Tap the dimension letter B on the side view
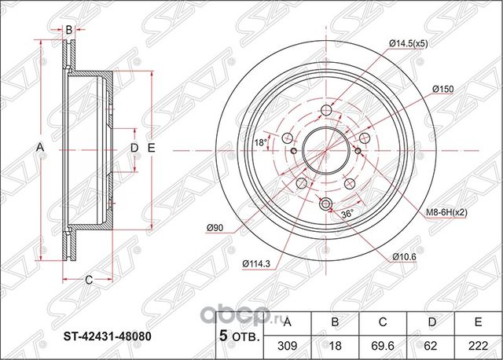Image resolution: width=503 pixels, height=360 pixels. tap(69, 30)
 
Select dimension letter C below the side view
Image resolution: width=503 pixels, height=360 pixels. tap(89, 279)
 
